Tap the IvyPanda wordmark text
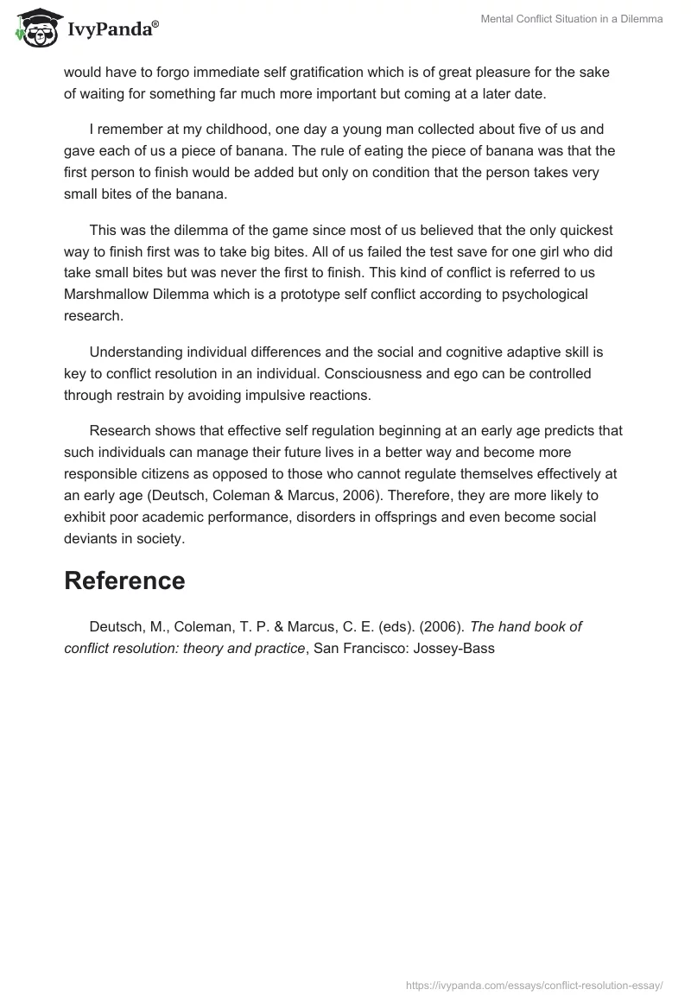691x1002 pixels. point(112,29)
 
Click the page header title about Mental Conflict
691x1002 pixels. point(572,19)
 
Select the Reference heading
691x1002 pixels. point(124,580)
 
